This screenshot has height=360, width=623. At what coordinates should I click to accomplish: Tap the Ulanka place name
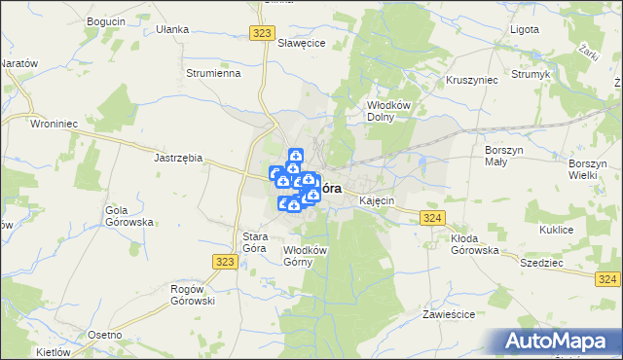coord(171,29)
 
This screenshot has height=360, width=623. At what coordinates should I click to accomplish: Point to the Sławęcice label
coord(300,44)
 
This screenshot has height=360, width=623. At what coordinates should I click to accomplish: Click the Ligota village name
coord(525,29)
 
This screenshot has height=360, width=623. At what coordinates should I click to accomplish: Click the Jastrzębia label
coord(178,156)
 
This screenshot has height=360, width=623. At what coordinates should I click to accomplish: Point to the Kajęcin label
coord(376,200)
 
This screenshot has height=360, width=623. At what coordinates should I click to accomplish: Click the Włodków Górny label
coord(304,256)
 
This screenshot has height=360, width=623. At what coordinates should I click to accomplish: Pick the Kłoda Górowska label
coord(474,244)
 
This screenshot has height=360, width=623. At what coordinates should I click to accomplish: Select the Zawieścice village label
coord(448,315)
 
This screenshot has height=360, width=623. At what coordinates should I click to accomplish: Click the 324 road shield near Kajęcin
coord(434,218)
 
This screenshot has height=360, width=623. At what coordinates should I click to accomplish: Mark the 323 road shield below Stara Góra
coord(224,261)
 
